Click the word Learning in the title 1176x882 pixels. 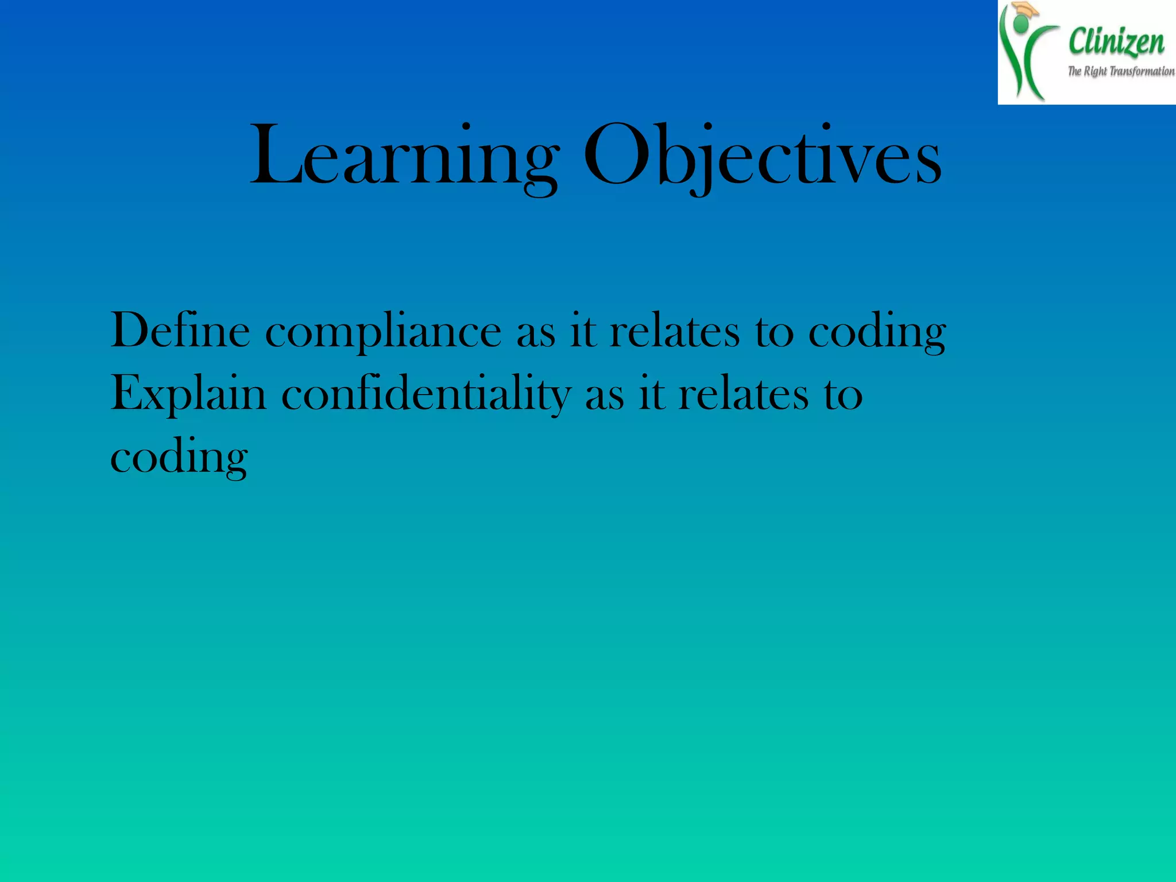[x=404, y=156]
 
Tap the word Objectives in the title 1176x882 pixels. [x=762, y=156]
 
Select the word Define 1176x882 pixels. [x=180, y=331]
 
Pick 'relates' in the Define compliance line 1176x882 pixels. [x=674, y=331]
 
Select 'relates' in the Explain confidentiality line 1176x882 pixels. [x=743, y=394]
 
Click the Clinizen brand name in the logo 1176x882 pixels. [x=1116, y=42]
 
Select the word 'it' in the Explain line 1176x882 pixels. [x=651, y=394]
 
